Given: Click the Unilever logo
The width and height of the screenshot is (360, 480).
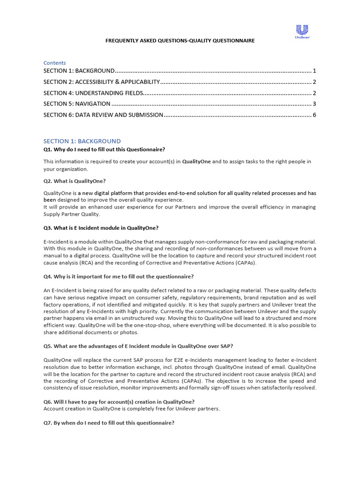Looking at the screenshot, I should [x=302, y=31].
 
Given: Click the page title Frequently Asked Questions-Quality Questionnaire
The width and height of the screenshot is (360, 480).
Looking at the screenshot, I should [x=180, y=41].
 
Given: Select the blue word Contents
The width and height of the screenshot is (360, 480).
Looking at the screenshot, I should [x=54, y=63].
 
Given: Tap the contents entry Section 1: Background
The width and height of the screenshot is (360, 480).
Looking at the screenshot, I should [x=79, y=71].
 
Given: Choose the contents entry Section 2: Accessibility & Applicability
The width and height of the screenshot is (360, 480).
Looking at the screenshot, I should [x=102, y=82].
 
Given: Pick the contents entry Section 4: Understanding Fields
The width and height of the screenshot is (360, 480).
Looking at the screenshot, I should [x=93, y=93].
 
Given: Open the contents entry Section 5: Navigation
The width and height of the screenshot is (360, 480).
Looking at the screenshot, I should [x=77, y=104].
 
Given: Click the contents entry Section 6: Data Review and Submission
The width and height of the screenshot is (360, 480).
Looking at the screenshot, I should [x=103, y=115].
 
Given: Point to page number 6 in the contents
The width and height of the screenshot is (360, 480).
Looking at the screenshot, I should [x=315, y=115].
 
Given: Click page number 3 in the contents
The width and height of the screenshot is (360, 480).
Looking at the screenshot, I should [x=315, y=104].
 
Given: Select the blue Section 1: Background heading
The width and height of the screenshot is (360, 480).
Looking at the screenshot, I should [x=82, y=141].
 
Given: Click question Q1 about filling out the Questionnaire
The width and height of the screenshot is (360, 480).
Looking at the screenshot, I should [x=104, y=150].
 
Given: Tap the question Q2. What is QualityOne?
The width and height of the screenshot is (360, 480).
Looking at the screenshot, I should [x=75, y=181].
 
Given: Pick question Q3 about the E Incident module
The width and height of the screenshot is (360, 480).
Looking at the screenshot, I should [x=101, y=228].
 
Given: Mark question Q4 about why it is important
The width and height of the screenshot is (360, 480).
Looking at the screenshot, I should [x=119, y=277].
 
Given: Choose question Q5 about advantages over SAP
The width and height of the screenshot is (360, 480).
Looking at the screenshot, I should [x=138, y=346].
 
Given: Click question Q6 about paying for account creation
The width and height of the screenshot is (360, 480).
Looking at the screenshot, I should [x=119, y=402].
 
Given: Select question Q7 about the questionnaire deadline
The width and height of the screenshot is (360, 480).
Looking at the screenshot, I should [x=109, y=423].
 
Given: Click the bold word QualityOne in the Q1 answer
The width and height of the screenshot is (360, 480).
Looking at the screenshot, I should [x=196, y=162].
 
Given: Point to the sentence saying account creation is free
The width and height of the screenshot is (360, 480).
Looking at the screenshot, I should [x=132, y=409].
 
